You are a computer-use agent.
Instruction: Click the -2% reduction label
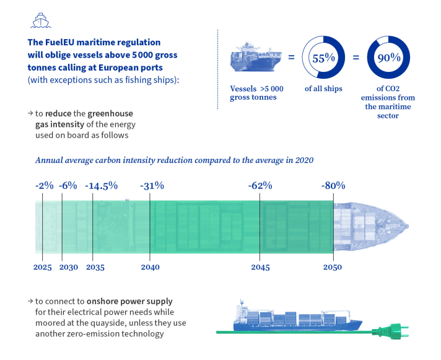[x=44, y=185]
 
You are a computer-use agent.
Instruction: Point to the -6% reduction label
[x=68, y=185]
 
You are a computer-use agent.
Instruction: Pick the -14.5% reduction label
[x=101, y=185]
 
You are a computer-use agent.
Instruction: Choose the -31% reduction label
[x=152, y=185]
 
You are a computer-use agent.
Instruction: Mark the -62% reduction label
[x=260, y=185]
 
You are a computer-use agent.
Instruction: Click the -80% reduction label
[x=333, y=185]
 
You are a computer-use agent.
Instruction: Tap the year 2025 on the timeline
[x=42, y=267]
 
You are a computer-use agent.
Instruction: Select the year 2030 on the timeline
[x=68, y=267]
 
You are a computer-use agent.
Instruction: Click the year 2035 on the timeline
[x=95, y=267]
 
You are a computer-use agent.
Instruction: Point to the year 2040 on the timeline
[x=150, y=267]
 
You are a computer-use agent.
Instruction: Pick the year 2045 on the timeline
[x=260, y=267]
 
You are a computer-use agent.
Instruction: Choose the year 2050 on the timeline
[x=332, y=267]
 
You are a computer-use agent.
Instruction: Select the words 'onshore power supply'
[x=135, y=301]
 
